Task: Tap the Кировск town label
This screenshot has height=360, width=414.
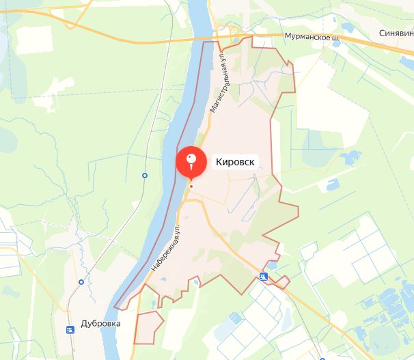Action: click(235, 162)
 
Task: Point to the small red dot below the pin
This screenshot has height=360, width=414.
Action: click(191, 186)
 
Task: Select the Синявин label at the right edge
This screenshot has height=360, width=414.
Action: click(397, 32)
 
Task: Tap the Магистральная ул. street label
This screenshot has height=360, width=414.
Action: click(219, 83)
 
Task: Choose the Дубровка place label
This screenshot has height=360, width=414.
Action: click(100, 323)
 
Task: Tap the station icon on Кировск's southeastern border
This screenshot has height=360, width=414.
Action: click(264, 276)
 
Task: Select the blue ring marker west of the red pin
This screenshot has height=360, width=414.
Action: click(145, 176)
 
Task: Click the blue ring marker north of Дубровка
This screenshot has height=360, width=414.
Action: click(81, 281)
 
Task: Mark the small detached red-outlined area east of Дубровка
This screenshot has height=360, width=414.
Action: click(148, 327)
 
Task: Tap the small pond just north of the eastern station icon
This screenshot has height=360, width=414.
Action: click(273, 264)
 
